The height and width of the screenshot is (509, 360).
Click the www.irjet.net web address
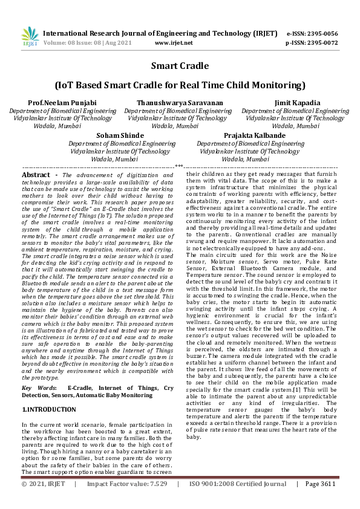coord(174,43)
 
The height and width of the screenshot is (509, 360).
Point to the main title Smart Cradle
coord(180,65)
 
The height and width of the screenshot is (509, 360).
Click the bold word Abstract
coord(36,174)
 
